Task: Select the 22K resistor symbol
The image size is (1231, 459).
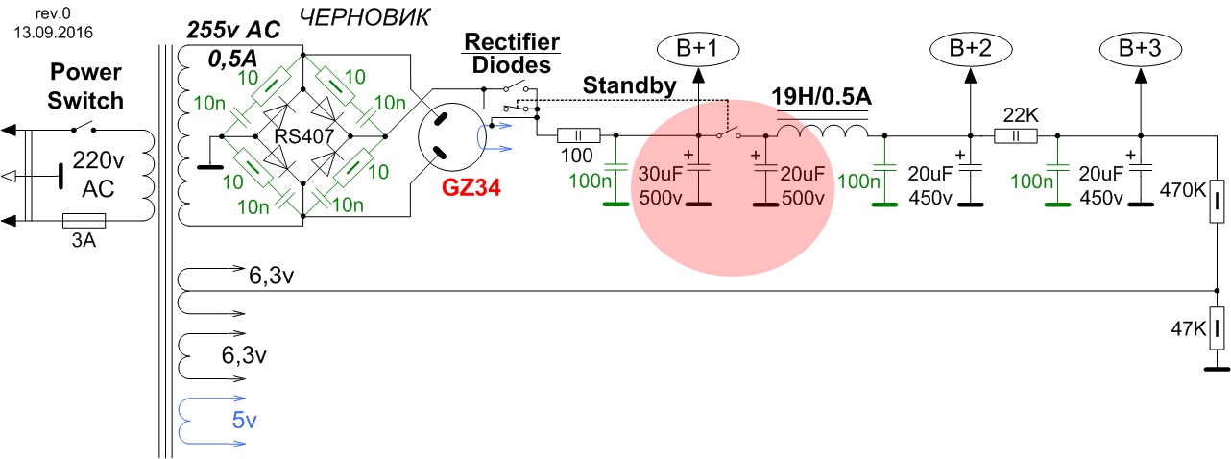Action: point(1015,136)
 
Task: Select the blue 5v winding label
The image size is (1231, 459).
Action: point(244,420)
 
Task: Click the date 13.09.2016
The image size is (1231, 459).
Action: point(48,30)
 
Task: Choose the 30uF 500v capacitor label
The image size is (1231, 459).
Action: point(663,186)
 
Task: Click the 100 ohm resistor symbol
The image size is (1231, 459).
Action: point(579,136)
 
